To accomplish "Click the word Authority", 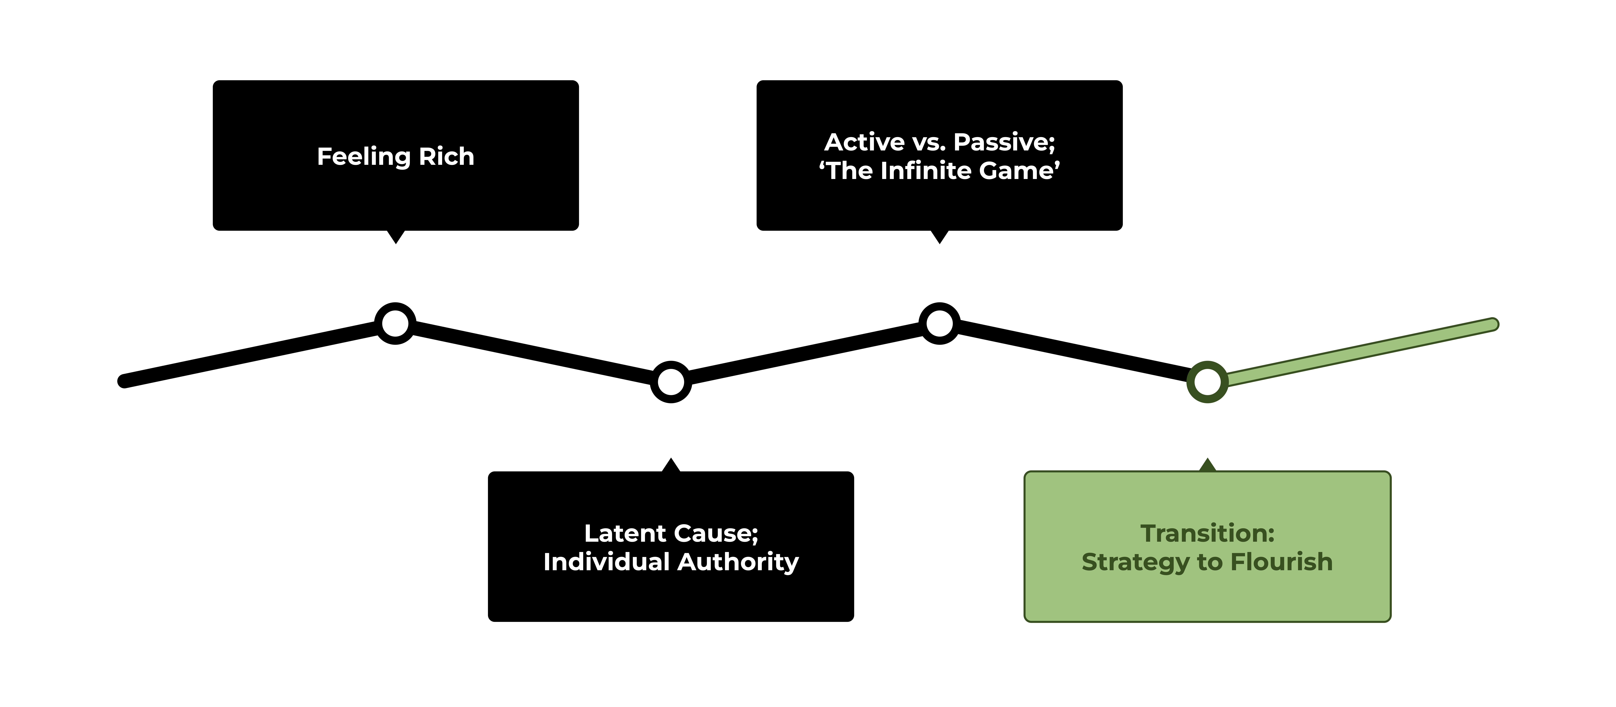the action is tap(738, 562).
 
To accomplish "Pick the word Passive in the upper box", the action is tap(1004, 142).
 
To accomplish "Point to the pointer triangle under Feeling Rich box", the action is tap(396, 237).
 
